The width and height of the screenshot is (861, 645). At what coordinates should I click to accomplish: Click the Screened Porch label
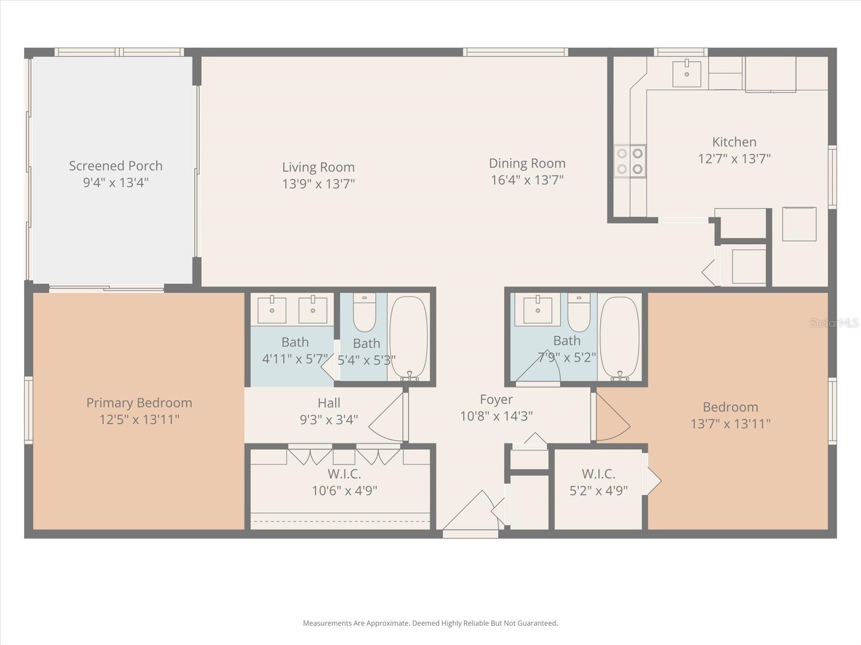tap(116, 166)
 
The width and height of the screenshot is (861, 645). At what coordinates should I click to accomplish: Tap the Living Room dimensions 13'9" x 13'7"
tap(318, 184)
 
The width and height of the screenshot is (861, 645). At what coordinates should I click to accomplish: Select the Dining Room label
tap(527, 163)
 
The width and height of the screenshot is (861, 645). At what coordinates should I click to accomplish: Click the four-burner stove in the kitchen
tap(630, 161)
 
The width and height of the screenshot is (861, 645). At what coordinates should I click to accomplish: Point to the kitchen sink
tap(687, 74)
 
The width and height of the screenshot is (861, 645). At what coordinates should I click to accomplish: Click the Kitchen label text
tap(734, 142)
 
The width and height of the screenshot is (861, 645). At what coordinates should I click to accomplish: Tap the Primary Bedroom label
tap(139, 403)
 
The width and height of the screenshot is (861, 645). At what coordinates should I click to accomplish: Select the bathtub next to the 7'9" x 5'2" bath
tap(619, 337)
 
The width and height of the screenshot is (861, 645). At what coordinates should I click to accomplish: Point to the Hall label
tap(329, 403)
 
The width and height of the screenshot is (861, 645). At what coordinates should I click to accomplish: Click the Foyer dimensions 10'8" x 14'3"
tap(496, 416)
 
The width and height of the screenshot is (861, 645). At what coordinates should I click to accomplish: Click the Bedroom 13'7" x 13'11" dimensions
tap(730, 424)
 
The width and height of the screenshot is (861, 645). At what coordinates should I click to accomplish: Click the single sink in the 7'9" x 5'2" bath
tap(538, 310)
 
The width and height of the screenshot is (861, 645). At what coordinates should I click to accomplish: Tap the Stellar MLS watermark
tap(834, 323)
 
